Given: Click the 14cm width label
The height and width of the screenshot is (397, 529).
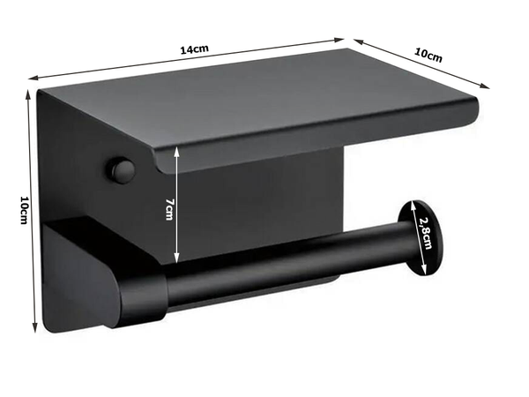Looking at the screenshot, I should pos(194,50).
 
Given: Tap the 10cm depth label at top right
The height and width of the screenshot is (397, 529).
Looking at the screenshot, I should pos(429,55).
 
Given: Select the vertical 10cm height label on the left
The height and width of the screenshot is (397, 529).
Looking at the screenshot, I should pos(24,210).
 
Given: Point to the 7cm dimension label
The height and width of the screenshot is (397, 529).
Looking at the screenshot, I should pos(170,209).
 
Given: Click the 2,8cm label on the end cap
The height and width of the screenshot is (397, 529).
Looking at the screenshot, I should pos(427,233).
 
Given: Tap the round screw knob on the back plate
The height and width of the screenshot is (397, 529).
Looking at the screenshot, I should pos(122,169).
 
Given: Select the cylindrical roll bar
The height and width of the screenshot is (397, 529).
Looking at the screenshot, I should pos(282,265).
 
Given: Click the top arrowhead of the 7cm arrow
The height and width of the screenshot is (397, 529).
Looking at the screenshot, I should pos(179,150).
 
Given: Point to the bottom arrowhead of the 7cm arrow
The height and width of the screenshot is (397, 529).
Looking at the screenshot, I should pos(179,262).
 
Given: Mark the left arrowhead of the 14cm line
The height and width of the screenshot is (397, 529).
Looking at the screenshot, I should pos(33,79).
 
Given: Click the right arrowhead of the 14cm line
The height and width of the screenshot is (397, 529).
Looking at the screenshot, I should pos(341,39).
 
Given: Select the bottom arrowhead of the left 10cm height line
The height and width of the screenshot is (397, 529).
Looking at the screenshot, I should pos(35,328).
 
